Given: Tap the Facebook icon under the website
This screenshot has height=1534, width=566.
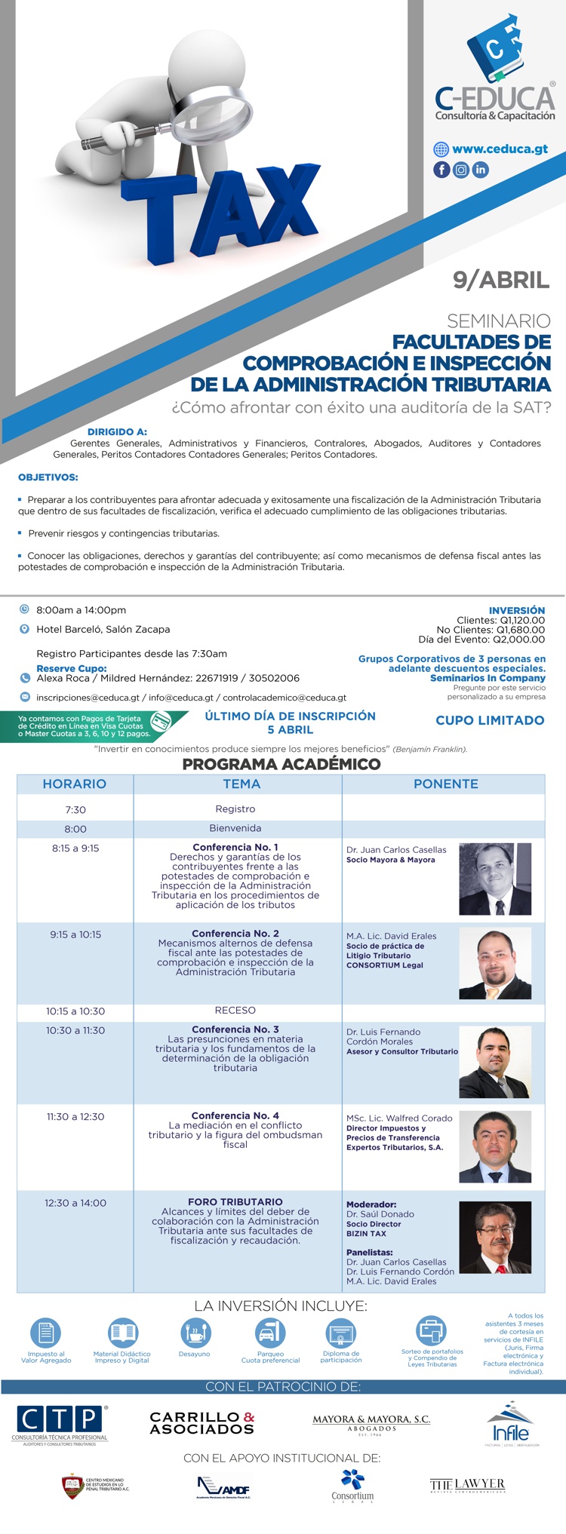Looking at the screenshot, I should click(x=441, y=170).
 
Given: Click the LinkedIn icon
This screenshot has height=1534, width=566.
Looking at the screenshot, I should click(x=481, y=170).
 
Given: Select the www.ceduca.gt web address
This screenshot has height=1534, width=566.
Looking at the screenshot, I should click(x=500, y=149).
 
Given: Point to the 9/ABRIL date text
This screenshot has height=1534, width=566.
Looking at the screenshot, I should click(x=501, y=281).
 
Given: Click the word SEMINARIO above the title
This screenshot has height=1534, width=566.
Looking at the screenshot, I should click(x=499, y=321).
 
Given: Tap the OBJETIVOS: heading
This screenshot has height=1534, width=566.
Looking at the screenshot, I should click(x=48, y=477).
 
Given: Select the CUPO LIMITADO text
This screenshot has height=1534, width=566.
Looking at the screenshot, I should click(x=490, y=720).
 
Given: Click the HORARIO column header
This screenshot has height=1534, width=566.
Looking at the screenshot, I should click(x=75, y=784).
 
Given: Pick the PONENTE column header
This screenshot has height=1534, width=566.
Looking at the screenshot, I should click(x=445, y=784).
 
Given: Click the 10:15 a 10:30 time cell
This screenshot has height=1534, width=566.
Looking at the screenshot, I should click(x=75, y=1011).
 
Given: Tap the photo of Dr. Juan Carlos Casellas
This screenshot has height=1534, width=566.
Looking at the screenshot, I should click(x=494, y=879).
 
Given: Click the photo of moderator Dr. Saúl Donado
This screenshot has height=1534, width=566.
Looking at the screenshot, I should click(x=494, y=1237).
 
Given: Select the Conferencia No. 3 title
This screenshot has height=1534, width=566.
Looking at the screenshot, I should click(x=235, y=1029).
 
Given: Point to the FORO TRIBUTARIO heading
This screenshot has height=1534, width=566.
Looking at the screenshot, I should click(x=235, y=1202).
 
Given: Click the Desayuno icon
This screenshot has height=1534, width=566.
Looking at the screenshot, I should click(x=195, y=1333).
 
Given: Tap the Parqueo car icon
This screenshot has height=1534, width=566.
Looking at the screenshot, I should click(x=270, y=1333).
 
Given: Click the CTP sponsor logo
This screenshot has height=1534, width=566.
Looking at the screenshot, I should click(x=60, y=1424).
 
